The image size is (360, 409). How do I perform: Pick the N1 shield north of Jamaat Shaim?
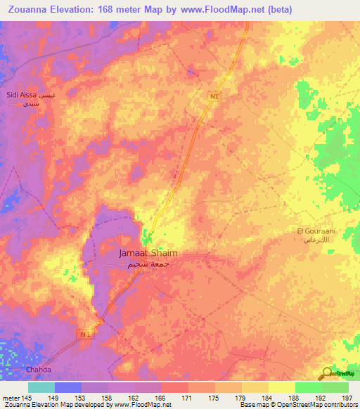click(x=214, y=96)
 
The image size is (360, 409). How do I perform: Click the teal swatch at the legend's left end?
click(x=41, y=387)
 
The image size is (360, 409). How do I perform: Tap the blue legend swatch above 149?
click(x=67, y=387)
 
